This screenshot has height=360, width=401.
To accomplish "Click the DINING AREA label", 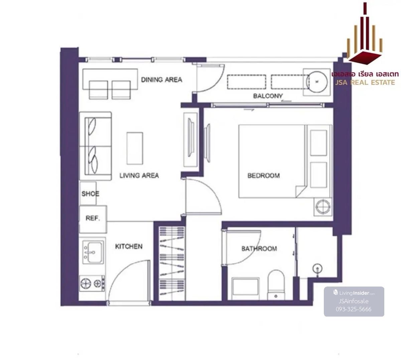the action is click(x=161, y=79).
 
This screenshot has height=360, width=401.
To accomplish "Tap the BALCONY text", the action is click(x=268, y=96).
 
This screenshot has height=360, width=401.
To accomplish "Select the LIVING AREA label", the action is click(x=139, y=175).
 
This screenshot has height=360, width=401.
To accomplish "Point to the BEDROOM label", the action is click(x=263, y=175).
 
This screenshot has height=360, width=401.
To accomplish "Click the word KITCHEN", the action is click(x=129, y=246).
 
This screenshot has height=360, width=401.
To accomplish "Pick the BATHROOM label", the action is click(x=259, y=248).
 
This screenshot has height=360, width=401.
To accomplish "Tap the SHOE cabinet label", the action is click(x=90, y=193).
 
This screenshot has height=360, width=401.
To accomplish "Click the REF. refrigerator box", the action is click(x=93, y=219).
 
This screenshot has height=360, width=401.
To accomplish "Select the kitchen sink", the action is click(x=93, y=252).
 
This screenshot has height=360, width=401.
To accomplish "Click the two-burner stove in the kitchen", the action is click(x=92, y=284).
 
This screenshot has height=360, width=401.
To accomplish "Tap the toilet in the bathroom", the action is click(x=276, y=285).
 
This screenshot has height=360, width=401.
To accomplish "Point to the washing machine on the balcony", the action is click(x=317, y=82).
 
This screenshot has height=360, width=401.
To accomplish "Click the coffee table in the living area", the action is click(x=135, y=148).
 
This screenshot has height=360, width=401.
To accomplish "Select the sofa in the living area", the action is click(x=95, y=146).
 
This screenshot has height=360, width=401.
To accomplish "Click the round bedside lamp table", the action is click(x=323, y=207).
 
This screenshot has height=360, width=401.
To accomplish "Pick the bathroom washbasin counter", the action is click(x=245, y=289).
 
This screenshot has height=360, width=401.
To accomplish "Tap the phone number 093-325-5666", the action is click(x=353, y=309).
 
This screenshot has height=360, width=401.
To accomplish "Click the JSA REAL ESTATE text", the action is click(x=365, y=82).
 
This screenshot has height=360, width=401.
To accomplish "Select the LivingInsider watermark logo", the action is click(x=354, y=293).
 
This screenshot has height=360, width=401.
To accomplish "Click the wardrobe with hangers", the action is click(x=172, y=263).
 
